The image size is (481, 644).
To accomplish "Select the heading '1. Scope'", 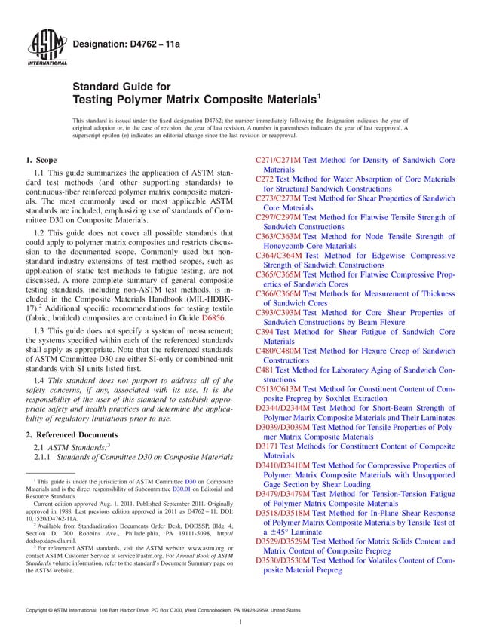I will coord(41,161).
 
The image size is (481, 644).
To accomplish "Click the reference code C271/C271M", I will coord(279,161).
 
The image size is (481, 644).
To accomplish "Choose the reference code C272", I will coord(265,179).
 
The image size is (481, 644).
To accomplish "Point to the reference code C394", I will coord(265,332).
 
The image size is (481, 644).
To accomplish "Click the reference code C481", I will coord(265,370).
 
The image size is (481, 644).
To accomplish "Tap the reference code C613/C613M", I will coord(279,389).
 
